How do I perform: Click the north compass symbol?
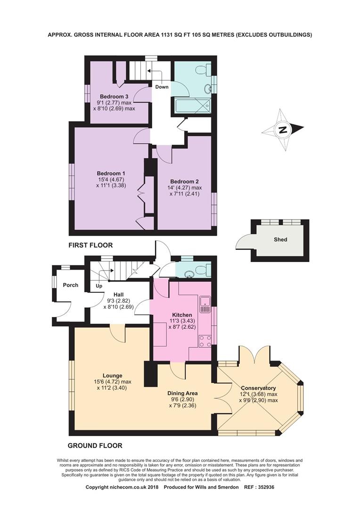(283, 130)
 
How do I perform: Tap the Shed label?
(280, 239)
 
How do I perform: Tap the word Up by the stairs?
(99, 286)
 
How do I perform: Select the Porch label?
(71, 285)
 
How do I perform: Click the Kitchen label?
(181, 315)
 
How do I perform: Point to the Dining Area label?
(182, 393)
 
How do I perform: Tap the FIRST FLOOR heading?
(90, 246)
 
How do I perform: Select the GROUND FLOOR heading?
(95, 445)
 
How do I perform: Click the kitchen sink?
(205, 304)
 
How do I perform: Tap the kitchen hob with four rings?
(205, 341)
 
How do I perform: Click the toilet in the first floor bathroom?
(201, 70)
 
